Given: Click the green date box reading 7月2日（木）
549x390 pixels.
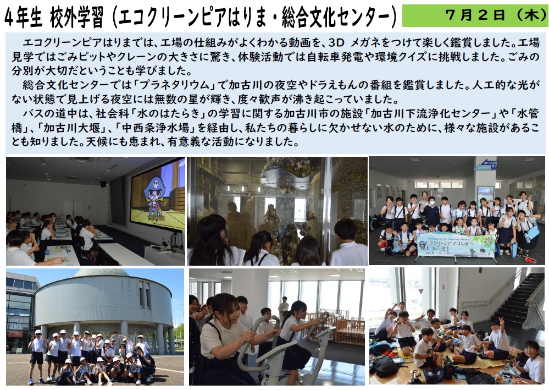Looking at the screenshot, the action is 475,15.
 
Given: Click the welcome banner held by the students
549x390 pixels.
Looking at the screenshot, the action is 456,245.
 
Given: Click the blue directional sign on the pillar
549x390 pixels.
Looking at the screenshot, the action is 486,164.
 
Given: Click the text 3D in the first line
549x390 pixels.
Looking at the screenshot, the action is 336,42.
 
